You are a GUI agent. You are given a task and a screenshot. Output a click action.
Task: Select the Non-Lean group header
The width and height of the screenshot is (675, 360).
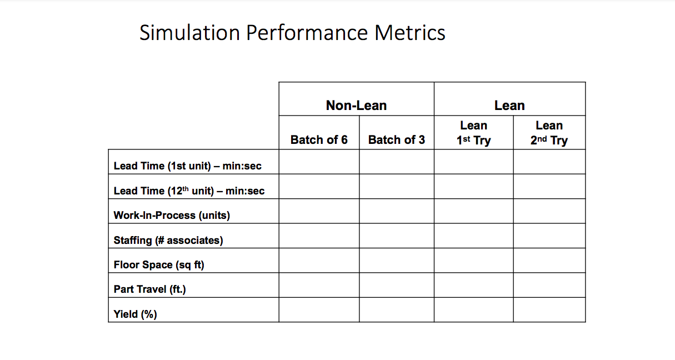(356, 105)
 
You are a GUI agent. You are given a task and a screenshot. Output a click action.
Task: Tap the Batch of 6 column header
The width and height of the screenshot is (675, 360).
(319, 139)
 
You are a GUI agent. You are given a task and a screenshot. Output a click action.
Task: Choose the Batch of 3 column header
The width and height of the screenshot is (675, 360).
(396, 139)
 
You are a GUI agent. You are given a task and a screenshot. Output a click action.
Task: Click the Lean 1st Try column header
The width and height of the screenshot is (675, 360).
(473, 133)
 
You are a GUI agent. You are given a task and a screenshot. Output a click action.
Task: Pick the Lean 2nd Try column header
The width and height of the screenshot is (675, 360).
(549, 133)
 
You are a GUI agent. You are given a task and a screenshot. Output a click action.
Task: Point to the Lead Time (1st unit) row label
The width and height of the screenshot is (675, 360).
(187, 166)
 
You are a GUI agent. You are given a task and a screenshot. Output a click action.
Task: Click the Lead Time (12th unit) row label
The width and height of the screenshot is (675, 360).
(189, 191)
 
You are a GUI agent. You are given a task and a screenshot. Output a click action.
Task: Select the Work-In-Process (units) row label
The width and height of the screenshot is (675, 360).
(172, 215)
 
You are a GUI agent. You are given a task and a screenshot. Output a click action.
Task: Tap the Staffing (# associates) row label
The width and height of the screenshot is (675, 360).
(168, 240)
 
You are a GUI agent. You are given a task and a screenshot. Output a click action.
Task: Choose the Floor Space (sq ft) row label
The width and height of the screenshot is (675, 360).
(159, 264)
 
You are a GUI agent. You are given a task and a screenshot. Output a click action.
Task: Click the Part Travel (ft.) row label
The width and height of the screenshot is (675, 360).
(149, 289)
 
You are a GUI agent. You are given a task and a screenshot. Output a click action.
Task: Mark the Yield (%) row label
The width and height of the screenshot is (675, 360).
(135, 314)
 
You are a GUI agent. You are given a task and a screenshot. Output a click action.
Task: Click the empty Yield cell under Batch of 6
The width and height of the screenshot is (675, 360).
(319, 309)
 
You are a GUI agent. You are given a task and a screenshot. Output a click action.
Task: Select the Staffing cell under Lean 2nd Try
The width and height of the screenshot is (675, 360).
(549, 236)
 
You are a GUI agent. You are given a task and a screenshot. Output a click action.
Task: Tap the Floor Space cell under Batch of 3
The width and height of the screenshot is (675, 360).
(396, 260)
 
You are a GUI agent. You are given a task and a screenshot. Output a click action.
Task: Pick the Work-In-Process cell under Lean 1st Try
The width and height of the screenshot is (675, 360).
(473, 211)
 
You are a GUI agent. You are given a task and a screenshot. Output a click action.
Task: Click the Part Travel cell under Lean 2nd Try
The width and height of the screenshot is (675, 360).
(549, 285)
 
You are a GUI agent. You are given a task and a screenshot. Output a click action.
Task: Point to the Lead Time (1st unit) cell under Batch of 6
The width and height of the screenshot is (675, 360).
(319, 162)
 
